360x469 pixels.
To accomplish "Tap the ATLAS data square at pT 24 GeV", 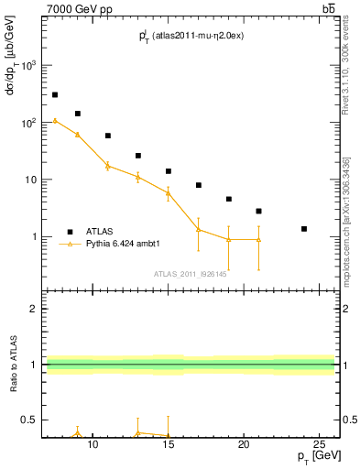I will point(304,228).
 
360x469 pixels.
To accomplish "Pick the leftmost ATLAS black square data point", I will point(55,94).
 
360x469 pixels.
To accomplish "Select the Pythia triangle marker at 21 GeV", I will point(258,239).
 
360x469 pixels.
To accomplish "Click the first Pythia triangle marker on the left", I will point(55,120).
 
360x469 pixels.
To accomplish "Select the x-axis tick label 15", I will point(168,444).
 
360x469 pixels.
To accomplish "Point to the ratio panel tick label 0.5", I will point(29,420).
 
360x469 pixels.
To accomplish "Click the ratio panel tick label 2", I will point(34,309).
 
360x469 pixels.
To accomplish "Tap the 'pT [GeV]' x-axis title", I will point(314,456).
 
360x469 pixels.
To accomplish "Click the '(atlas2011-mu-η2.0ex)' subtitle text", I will point(198,35).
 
